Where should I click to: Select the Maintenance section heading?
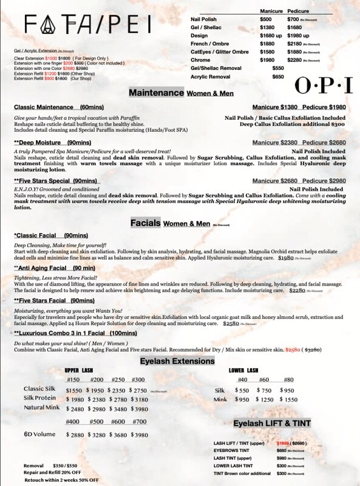coord(156,93)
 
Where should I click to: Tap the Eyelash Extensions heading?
coord(177,361)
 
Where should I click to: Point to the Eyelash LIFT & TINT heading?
coord(272,423)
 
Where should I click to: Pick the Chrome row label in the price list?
coord(201,60)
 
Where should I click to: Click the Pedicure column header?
coord(298,12)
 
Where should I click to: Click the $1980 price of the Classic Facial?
coord(285,258)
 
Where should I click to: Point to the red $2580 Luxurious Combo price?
coord(293,350)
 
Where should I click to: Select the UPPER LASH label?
coord(80,370)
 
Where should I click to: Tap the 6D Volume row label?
coord(41,434)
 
